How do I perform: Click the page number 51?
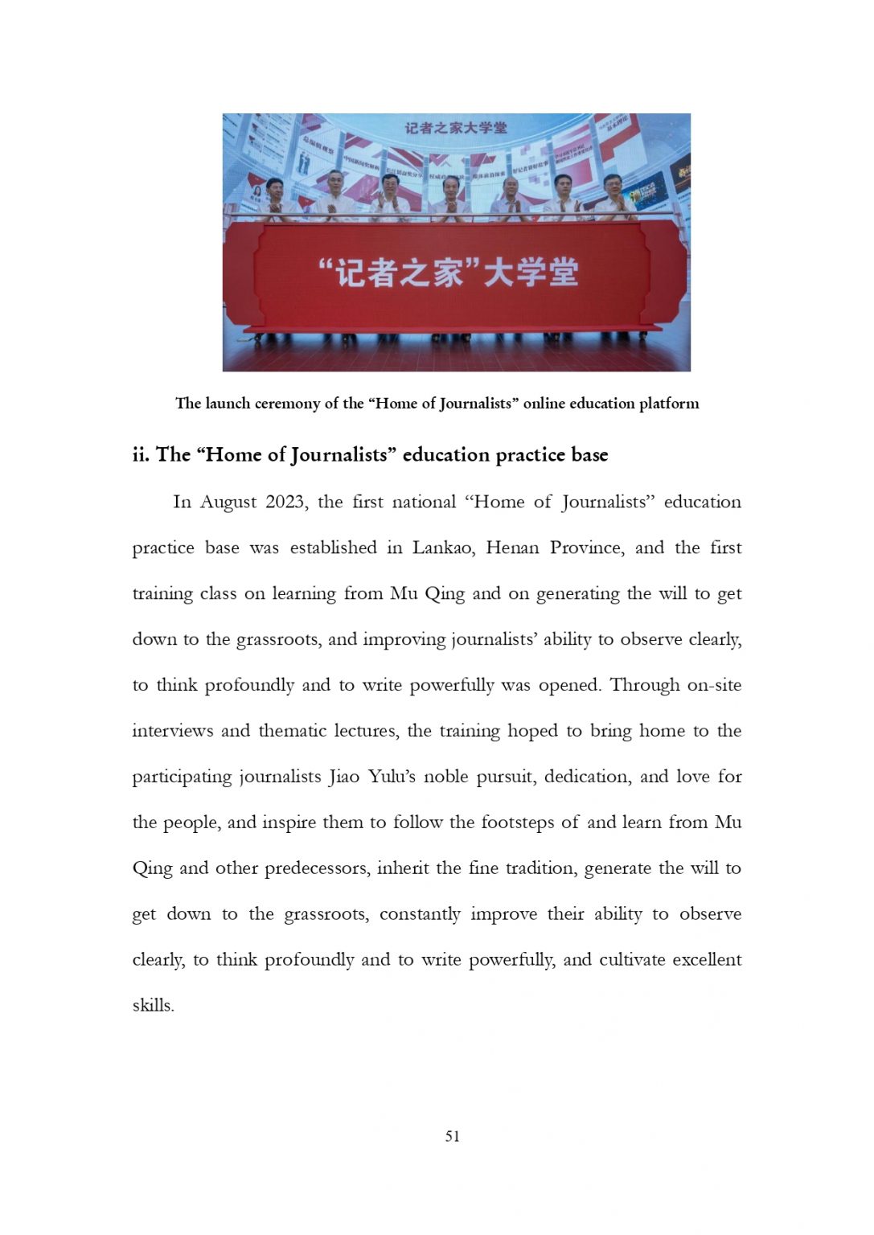click(452, 1136)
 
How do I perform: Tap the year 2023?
click(285, 503)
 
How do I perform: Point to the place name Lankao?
click(442, 548)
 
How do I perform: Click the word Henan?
click(513, 548)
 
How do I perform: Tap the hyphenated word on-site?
click(714, 685)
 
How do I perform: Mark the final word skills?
click(153, 1006)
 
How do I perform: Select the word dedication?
click(588, 777)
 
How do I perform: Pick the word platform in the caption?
click(669, 404)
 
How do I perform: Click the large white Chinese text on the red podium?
click(448, 273)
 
